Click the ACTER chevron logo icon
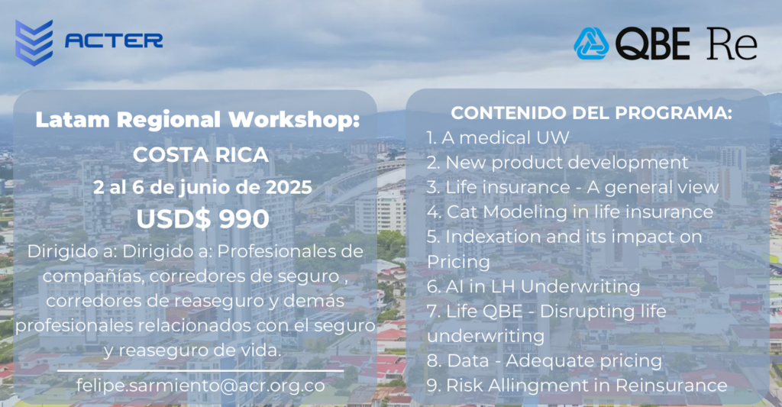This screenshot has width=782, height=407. [34, 43]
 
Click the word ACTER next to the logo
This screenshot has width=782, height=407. [114, 40]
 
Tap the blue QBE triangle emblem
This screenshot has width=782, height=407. [591, 44]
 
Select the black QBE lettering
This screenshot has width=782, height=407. [653, 44]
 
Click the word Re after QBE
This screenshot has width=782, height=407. [732, 44]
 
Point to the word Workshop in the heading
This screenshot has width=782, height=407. [294, 120]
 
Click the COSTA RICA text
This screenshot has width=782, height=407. [201, 155]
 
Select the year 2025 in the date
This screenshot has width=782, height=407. [289, 188]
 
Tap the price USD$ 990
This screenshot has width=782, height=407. [203, 219]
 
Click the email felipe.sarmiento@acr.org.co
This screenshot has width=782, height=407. [201, 386]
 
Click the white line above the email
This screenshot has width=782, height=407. [201, 371]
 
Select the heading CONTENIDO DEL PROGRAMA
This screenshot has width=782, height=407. [592, 113]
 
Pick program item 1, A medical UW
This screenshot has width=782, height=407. [498, 137]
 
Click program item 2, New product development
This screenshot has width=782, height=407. [557, 163]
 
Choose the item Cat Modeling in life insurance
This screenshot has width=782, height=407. [570, 212]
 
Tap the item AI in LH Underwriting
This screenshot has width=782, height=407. [533, 287]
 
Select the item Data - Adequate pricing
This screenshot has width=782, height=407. [544, 361]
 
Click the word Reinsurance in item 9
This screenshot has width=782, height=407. [671, 386]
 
